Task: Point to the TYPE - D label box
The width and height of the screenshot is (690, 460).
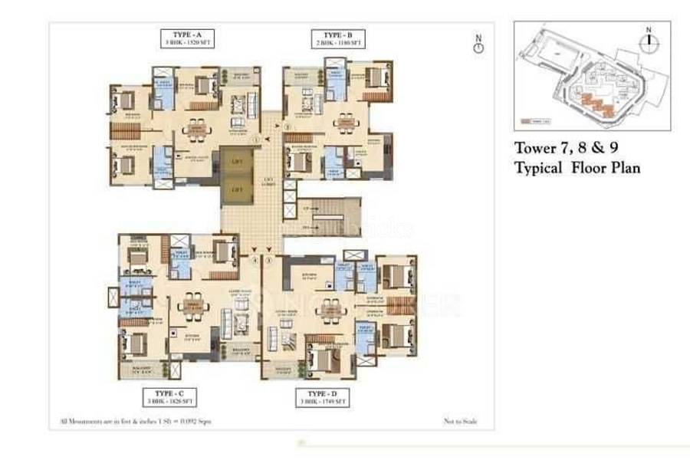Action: click(x=322, y=396)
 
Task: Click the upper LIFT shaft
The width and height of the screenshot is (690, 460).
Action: click(x=238, y=162)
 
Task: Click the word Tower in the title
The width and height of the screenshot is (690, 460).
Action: click(x=535, y=149)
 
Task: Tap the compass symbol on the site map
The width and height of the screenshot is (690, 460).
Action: click(x=649, y=42)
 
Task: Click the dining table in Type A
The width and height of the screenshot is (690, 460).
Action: click(x=196, y=130)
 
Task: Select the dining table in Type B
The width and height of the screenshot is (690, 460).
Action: click(x=346, y=122)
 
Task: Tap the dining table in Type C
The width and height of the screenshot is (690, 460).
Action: click(x=193, y=306)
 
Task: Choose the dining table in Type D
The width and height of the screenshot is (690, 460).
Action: click(x=330, y=310)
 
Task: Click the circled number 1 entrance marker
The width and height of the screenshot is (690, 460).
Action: click(x=258, y=140)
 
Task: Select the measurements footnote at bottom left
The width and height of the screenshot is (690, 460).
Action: click(x=136, y=421)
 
